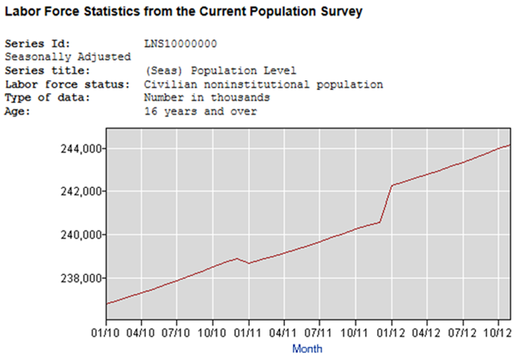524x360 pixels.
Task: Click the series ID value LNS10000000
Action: [x=181, y=43]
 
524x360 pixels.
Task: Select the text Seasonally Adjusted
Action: [x=68, y=56]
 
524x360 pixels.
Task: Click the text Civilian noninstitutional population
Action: [x=264, y=84]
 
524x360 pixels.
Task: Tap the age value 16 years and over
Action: [x=201, y=111]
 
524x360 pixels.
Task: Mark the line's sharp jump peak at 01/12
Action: [x=392, y=186]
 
